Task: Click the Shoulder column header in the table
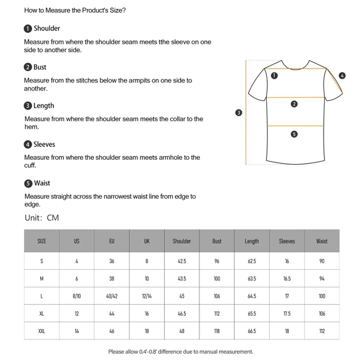[182, 241]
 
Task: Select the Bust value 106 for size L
[217, 296]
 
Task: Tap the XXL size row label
[41, 331]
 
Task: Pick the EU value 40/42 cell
[112, 296]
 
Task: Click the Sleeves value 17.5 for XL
[287, 314]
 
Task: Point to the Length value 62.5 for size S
[252, 261]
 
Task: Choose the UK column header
[147, 241]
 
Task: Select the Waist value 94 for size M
[322, 279]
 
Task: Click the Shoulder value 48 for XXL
[182, 331]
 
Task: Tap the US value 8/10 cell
[77, 296]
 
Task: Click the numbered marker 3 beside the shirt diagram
[239, 113]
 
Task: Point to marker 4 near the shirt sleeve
[342, 75]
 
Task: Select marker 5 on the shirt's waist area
[295, 134]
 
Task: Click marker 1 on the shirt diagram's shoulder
[275, 75]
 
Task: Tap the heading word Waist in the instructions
[42, 183]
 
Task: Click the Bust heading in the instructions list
[40, 67]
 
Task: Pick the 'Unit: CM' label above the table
[42, 218]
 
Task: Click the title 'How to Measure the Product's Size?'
[75, 10]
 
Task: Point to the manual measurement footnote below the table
[180, 352]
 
